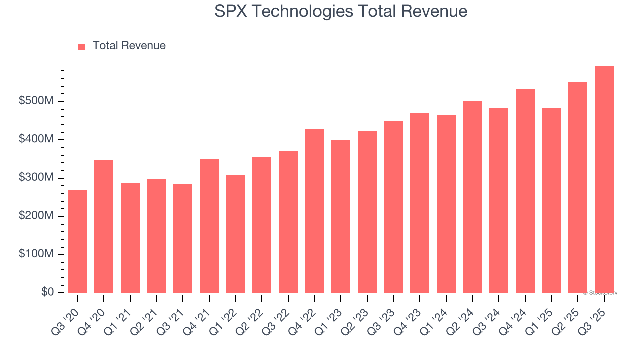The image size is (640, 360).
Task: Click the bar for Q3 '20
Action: tap(78, 241)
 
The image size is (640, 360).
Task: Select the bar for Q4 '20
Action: tap(104, 226)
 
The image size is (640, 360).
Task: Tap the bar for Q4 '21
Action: tap(209, 226)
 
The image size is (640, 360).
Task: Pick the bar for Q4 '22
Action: tap(315, 211)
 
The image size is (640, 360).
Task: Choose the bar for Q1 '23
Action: tap(341, 216)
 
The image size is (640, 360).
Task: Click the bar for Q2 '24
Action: tap(473, 197)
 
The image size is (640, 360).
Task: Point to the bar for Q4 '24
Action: tap(525, 191)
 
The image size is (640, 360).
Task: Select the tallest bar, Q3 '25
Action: tap(604, 180)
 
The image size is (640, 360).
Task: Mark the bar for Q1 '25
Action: tap(552, 200)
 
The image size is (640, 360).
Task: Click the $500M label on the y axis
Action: tap(36, 101)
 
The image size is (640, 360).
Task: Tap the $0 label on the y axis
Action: tap(48, 292)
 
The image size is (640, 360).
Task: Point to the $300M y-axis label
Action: tap(36, 178)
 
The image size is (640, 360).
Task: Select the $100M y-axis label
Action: tap(36, 254)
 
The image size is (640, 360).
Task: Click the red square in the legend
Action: tap(82, 46)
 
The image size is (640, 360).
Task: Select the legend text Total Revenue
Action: tap(129, 46)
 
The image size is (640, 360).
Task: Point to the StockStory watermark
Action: tap(600, 293)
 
